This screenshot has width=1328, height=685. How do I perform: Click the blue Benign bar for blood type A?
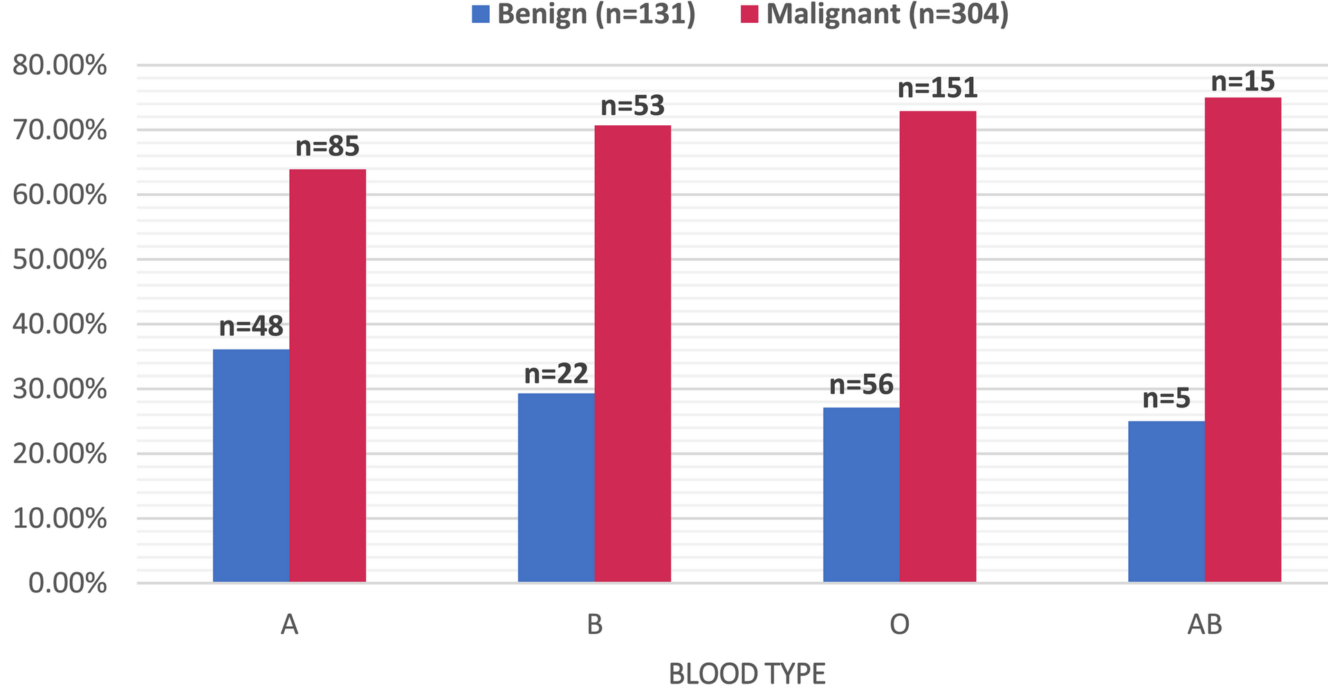coord(251,465)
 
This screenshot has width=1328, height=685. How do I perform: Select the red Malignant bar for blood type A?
coord(327,375)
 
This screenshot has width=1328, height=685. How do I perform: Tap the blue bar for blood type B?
coord(556,487)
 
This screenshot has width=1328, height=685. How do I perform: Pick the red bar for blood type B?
coord(632,353)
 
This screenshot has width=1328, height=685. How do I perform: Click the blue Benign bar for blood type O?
coord(861,494)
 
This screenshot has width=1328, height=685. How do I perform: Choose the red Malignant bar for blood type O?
coord(937,346)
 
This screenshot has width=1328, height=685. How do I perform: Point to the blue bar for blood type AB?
coord(1166,501)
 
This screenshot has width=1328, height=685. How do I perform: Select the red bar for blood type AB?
coord(1242,339)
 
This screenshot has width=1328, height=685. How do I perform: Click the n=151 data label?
coord(937,88)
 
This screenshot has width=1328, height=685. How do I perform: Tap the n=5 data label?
coord(1166,399)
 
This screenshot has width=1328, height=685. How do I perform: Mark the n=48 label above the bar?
coord(251,326)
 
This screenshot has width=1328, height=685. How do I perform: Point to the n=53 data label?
coord(632,106)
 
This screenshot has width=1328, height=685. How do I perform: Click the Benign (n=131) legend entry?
coord(584,14)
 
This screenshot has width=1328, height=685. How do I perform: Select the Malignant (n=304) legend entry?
coord(875,14)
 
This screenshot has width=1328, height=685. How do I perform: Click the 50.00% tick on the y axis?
coord(60,259)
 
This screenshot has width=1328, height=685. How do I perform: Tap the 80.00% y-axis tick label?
coord(60,66)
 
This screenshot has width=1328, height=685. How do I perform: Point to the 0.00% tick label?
coord(67,583)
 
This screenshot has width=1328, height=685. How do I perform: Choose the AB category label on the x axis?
coord(1204,625)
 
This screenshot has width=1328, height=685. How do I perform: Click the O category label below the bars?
coord(899,625)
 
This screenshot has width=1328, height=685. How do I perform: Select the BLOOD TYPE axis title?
coord(747,673)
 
